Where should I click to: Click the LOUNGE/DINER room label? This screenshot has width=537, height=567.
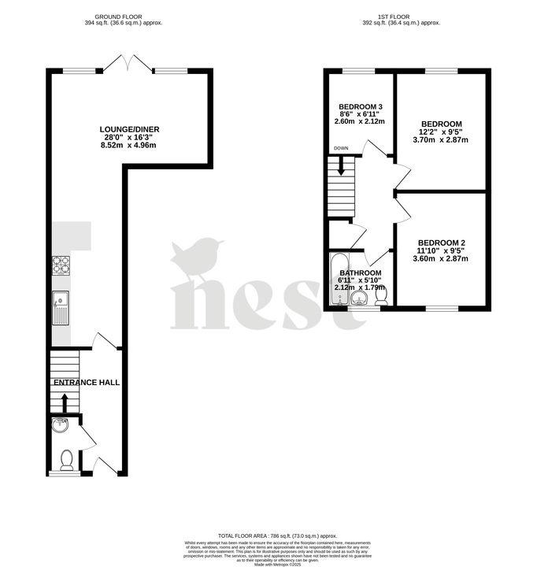tap(128, 130)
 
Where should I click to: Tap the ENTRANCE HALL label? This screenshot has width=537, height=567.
tap(87, 383)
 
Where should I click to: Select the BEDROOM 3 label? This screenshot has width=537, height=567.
tap(361, 107)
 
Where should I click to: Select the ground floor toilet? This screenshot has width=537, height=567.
tap(66, 459)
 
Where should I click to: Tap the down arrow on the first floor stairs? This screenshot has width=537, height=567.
tap(341, 166)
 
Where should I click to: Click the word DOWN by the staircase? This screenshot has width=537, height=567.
tap(341, 148)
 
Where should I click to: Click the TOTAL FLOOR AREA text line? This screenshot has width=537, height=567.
tap(268, 534)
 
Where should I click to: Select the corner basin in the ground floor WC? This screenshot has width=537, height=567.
tap(60, 427)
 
